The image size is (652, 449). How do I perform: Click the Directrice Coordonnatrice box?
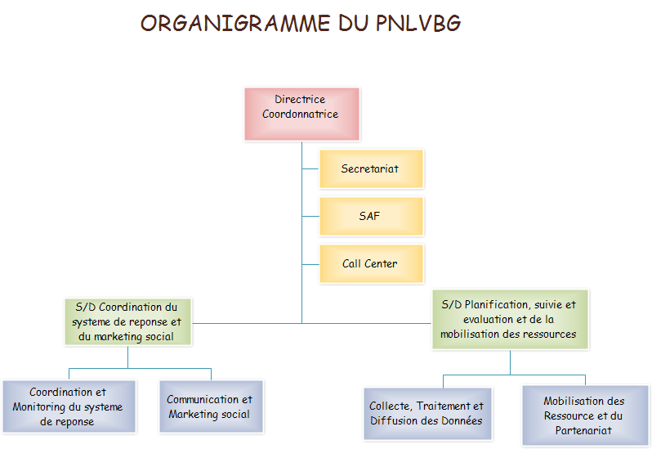point(301,114)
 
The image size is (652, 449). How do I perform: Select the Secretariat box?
point(371,169)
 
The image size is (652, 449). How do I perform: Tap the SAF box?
point(371,217)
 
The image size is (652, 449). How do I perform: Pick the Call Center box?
point(371,264)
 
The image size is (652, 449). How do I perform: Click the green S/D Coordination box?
point(127,321)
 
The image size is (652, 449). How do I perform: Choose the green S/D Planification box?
point(509,319)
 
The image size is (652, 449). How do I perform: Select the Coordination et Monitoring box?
point(68,407)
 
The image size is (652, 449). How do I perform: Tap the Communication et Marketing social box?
point(210,406)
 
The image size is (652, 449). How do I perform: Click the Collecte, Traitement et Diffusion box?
point(426,413)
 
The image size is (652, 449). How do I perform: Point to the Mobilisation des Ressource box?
point(583,415)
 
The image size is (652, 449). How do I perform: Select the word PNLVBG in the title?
point(418,24)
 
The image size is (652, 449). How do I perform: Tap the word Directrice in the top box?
point(300,100)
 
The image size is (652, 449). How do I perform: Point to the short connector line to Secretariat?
point(310,169)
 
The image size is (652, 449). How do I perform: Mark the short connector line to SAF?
point(310,217)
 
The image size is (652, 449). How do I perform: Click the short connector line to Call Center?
point(310,264)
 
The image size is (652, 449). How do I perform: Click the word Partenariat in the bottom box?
point(583,430)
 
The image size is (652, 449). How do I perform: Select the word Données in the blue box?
point(460,421)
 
